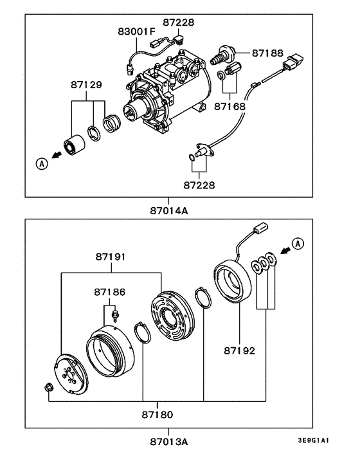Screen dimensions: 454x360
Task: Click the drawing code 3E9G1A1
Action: (x=314, y=441)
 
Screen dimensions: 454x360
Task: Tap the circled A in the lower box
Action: (x=298, y=243)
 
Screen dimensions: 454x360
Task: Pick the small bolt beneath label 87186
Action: (x=115, y=314)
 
